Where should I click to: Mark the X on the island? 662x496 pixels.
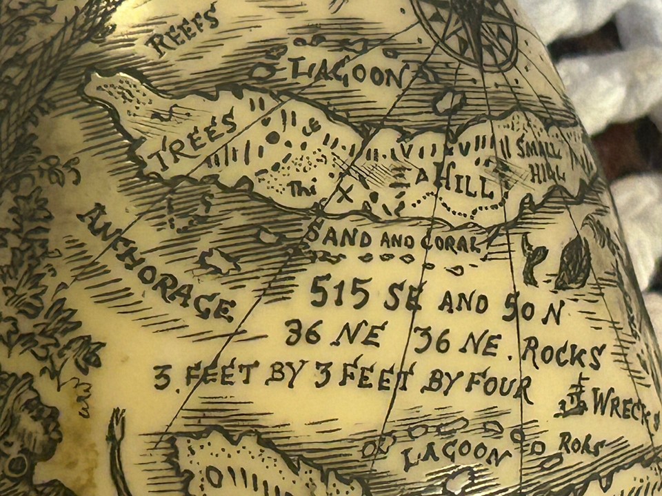click(x=345, y=194)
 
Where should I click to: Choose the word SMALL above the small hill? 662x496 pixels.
click(x=542, y=150)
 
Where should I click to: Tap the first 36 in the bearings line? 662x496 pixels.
click(x=303, y=332)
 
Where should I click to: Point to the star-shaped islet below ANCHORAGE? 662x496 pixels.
click(x=219, y=260)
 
